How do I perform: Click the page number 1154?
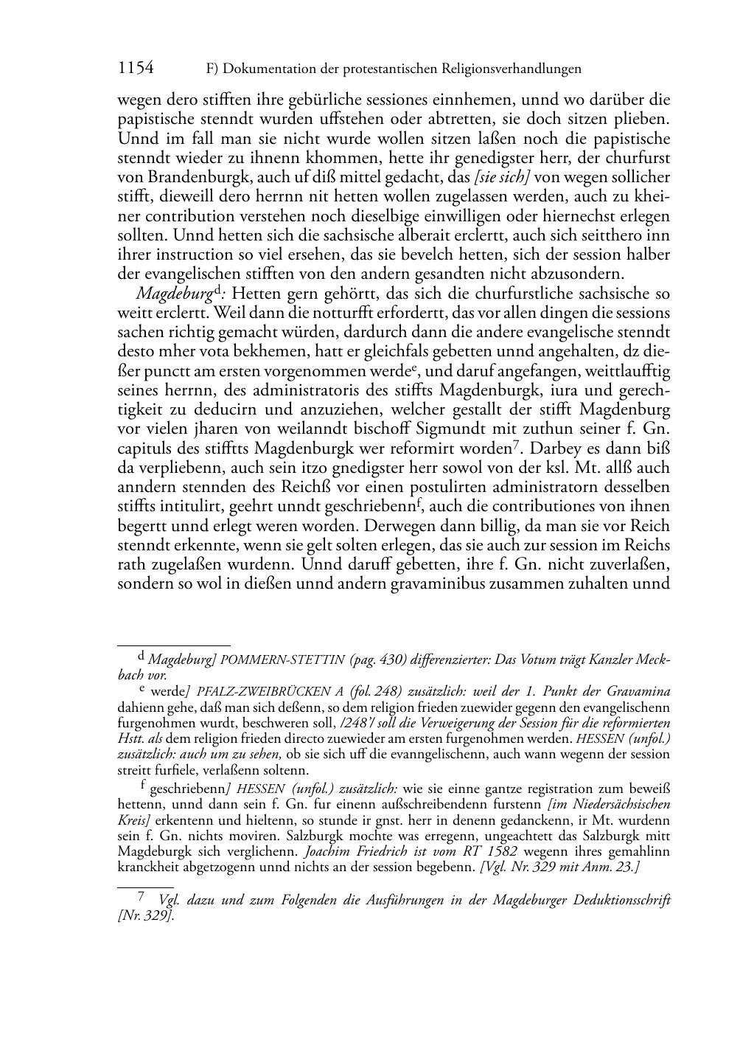[x=136, y=69]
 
